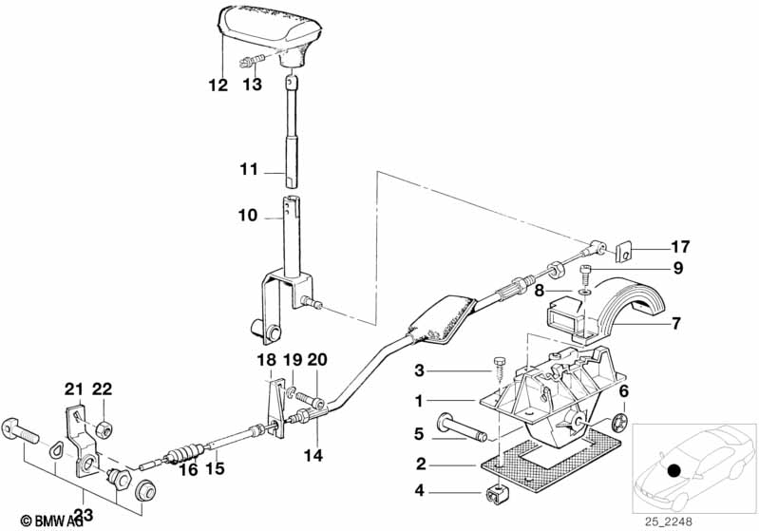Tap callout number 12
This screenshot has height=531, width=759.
pos(218,85)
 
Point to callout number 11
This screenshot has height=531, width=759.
pos(248,171)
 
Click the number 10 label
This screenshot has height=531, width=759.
pos(247,216)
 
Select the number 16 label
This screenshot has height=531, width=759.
pos(189,468)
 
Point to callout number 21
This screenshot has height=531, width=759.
pos(74,389)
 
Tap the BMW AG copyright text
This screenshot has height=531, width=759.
pos(46,521)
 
